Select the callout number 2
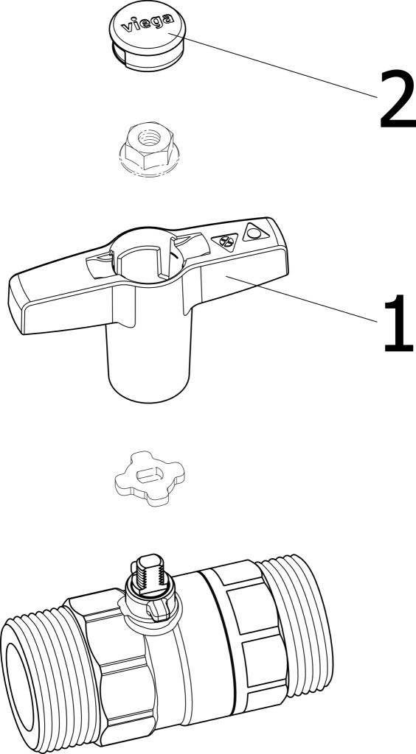pos(398,99)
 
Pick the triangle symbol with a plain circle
pos(256,233)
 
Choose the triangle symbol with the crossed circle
pos(225,241)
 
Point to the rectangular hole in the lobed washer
pos(150,475)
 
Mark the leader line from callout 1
pos(302,299)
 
